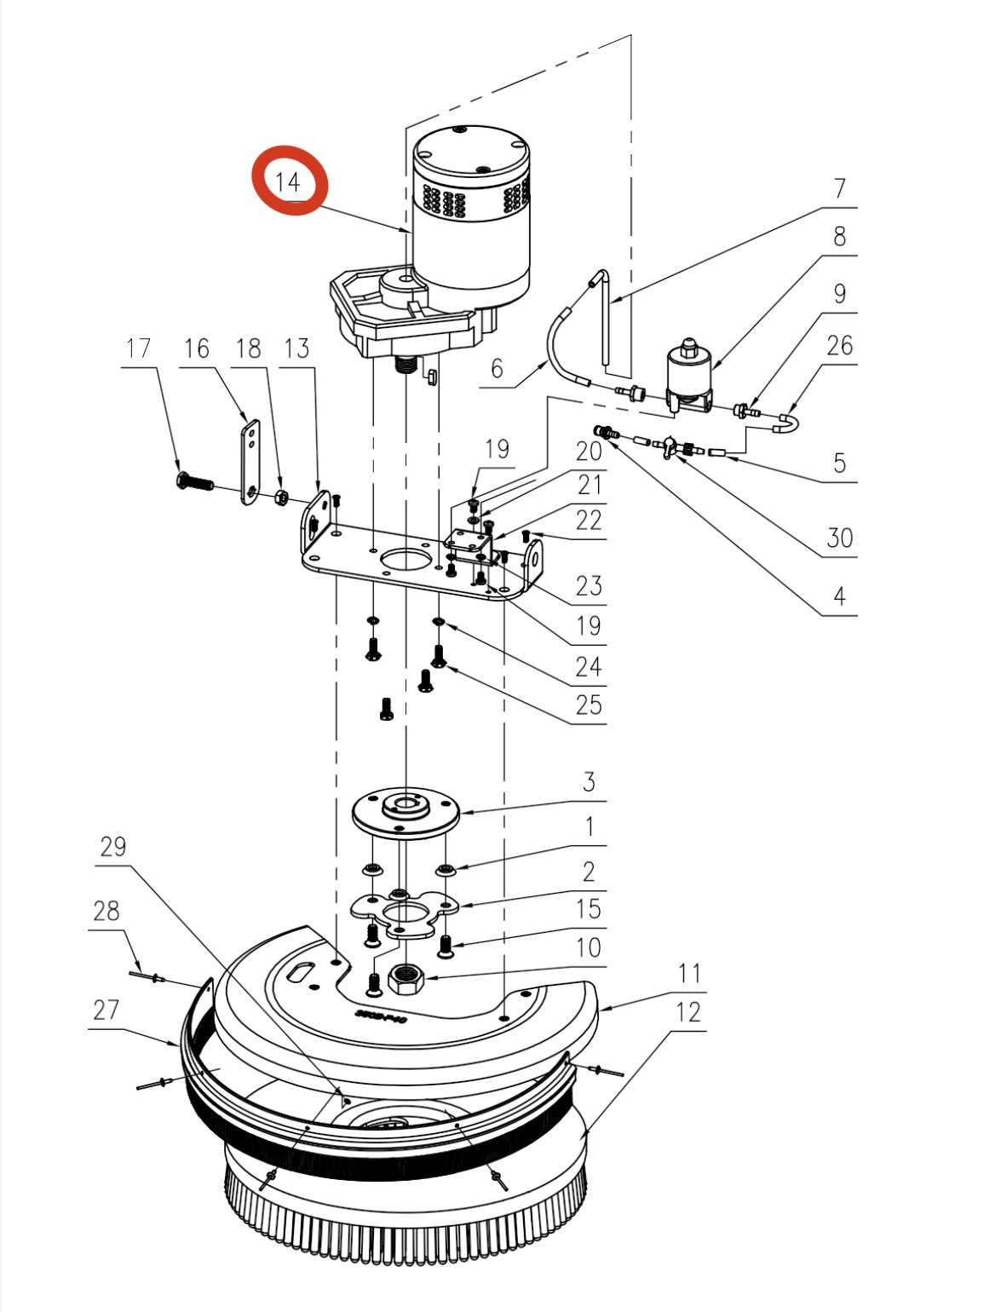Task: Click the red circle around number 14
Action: click(x=289, y=181)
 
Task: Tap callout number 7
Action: click(x=839, y=187)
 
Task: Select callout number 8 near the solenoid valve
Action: click(x=839, y=236)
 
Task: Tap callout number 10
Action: click(x=588, y=947)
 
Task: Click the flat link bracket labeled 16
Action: click(x=250, y=462)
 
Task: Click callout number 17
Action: click(x=138, y=348)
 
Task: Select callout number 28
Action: click(x=106, y=911)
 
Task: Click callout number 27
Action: click(x=106, y=1010)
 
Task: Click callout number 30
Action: click(x=839, y=538)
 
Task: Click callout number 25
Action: click(x=588, y=705)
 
